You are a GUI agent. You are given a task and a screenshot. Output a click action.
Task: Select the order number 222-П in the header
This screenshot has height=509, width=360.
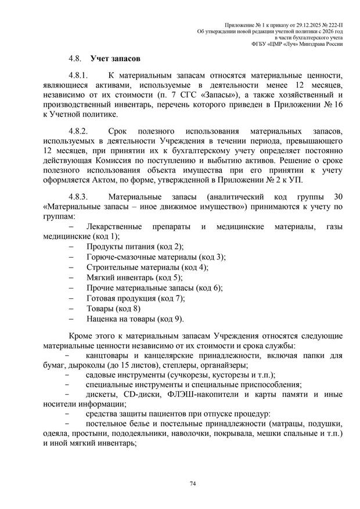[332, 23]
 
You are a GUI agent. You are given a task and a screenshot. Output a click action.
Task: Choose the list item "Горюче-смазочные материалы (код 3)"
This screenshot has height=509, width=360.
[156, 257]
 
